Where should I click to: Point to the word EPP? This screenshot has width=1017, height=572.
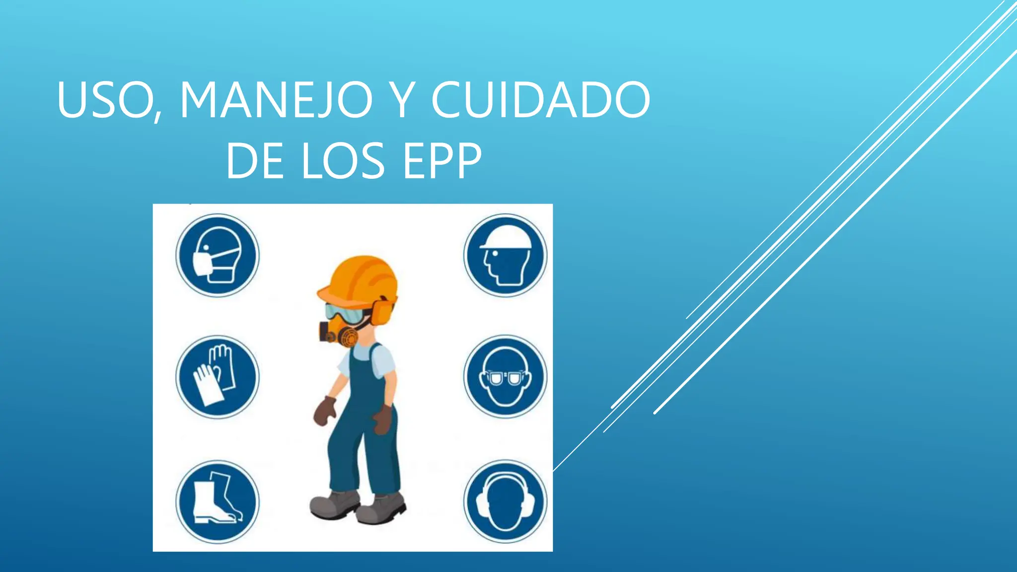441,161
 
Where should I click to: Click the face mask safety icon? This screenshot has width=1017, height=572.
218,256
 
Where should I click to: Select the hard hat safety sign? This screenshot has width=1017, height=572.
505,256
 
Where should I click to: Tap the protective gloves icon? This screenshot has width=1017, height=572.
218,377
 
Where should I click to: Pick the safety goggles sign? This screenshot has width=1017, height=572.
505,377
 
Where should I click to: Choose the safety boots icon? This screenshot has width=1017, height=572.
218,501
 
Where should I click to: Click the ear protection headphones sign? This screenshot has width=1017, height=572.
505,501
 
